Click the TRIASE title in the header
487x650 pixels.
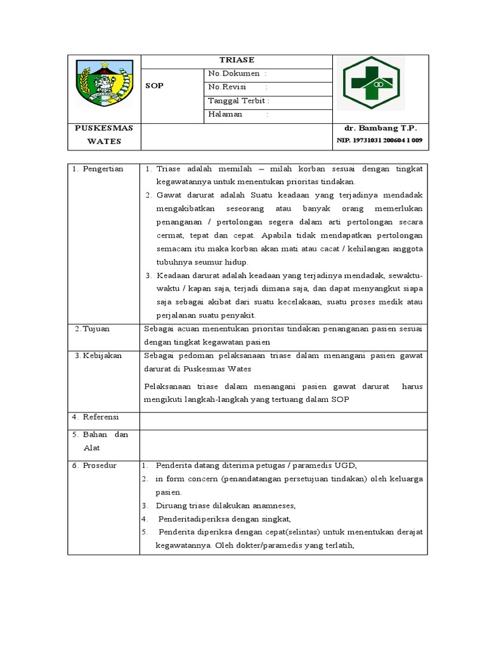click(237, 60)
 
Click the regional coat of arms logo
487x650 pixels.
click(104, 84)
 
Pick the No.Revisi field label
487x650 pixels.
click(227, 87)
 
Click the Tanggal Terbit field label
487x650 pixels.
click(238, 100)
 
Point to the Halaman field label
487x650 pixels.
click(225, 114)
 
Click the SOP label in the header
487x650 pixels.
click(155, 86)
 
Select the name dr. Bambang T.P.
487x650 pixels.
click(381, 128)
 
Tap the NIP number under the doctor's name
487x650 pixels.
click(380, 140)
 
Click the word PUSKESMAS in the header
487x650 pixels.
click(104, 128)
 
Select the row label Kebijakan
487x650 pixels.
click(105, 355)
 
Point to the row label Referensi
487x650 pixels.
click(101, 417)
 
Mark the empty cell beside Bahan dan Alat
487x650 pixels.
click(283, 441)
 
